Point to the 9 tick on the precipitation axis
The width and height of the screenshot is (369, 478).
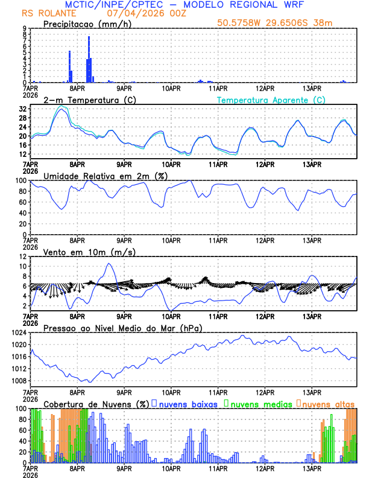click(x=24, y=28)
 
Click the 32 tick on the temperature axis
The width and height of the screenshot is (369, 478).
click(x=22, y=109)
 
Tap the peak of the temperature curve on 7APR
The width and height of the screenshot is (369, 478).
click(x=61, y=107)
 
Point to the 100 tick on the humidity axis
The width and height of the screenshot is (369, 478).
click(x=20, y=180)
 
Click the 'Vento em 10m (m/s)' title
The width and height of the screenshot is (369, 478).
click(x=81, y=252)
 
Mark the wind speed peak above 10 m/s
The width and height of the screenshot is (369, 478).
click(x=109, y=264)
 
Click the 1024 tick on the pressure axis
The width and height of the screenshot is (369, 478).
click(x=19, y=333)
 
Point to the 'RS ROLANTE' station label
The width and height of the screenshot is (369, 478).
click(x=44, y=13)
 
